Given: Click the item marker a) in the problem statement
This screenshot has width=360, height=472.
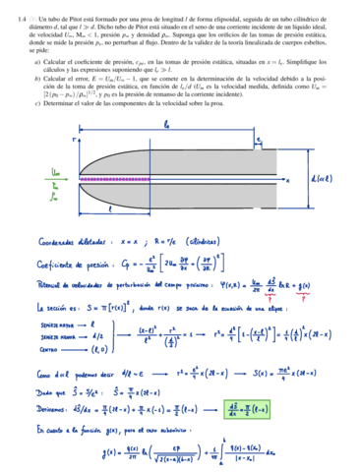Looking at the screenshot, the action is click(36, 62).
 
